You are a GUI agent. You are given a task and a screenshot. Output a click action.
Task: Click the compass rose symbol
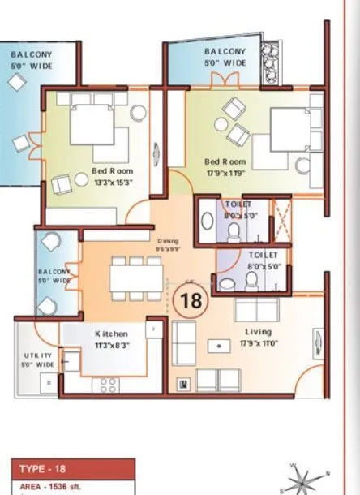click(x=302, y=478)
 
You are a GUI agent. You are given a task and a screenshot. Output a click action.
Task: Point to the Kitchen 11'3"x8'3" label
click(x=111, y=339)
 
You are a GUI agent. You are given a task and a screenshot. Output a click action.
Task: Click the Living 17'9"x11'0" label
click(x=259, y=336)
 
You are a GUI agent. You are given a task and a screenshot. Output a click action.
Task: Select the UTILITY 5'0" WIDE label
click(x=37, y=360)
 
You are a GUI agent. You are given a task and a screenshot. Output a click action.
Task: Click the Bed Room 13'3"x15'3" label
click(x=112, y=176)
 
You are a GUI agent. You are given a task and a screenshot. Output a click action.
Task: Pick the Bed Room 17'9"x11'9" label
click(x=225, y=167)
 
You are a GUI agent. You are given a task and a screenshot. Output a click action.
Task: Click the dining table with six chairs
click(x=129, y=278)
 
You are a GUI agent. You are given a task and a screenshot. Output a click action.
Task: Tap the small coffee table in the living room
click(x=218, y=346)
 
